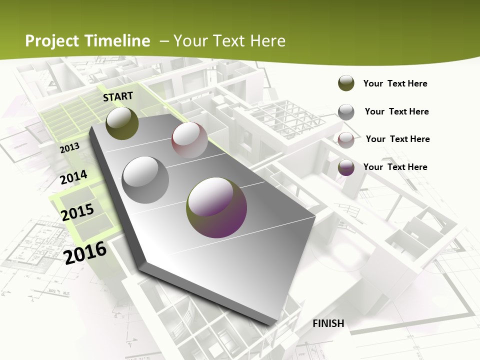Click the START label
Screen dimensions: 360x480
coord(118,96)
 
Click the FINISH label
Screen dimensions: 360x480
coord(328,323)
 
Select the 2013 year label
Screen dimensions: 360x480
coord(69,147)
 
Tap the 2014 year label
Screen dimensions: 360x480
coord(73,177)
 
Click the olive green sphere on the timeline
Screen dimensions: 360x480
coord(122,123)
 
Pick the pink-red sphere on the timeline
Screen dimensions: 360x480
coord(189,140)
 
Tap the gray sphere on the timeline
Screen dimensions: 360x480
coord(145,179)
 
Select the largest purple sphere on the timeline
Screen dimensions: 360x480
coord(216,207)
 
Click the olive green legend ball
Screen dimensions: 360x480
coord(346,83)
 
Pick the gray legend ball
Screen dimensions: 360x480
coord(346,112)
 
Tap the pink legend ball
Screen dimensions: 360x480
coord(346,139)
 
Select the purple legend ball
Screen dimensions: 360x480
coord(346,167)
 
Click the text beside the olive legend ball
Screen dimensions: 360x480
coord(395,83)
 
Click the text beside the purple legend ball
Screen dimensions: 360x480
coord(395,167)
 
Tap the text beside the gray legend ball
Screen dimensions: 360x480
coord(396,111)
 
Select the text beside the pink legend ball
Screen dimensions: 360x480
coord(397,139)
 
